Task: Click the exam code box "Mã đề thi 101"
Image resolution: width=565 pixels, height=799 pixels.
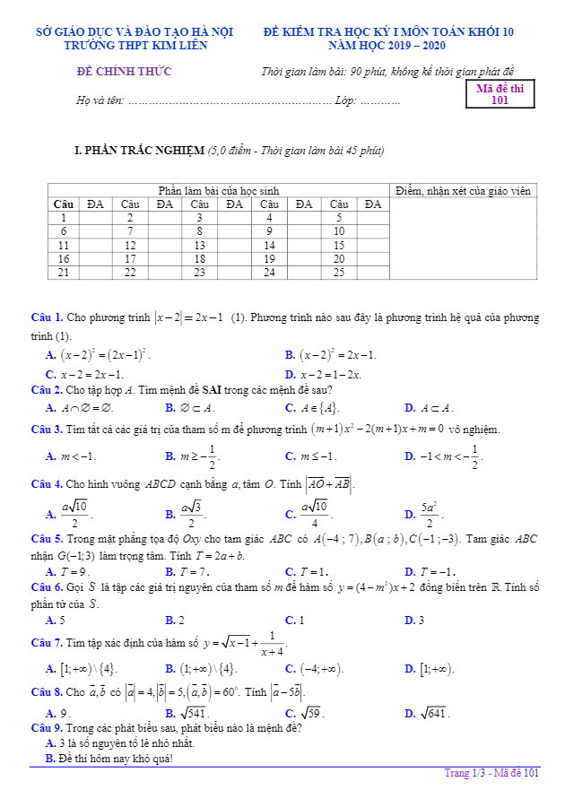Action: [x=500, y=94]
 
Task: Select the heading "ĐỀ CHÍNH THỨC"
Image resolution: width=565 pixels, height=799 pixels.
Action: [x=124, y=72]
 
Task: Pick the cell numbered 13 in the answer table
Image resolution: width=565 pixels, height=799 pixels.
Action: [x=199, y=245]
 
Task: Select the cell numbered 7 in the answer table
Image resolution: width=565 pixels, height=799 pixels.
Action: [x=130, y=231]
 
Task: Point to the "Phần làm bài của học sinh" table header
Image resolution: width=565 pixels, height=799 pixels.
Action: [x=219, y=191]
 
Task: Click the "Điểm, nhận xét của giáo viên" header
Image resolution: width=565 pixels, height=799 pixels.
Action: [x=463, y=191]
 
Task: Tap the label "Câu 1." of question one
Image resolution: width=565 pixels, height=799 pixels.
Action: [x=47, y=317]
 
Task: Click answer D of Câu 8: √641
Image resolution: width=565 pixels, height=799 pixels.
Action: [x=429, y=714]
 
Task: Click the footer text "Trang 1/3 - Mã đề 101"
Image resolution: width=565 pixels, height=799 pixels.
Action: [x=491, y=773]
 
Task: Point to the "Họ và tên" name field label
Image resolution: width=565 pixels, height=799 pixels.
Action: [x=100, y=100]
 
